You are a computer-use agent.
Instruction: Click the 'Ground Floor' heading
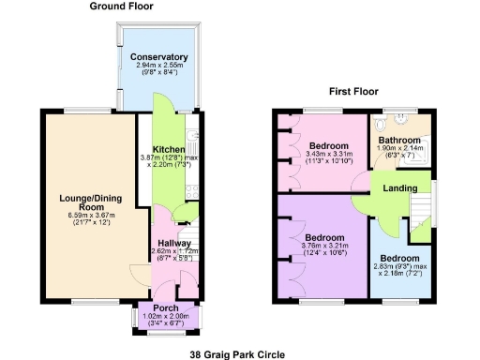point(122,6)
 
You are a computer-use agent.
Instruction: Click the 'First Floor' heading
point(352,91)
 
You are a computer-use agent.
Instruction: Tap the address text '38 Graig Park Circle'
point(239,353)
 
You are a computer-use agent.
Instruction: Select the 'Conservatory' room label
point(159,57)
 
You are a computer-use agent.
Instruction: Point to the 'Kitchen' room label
point(169,150)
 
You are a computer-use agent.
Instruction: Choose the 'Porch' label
point(166,307)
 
